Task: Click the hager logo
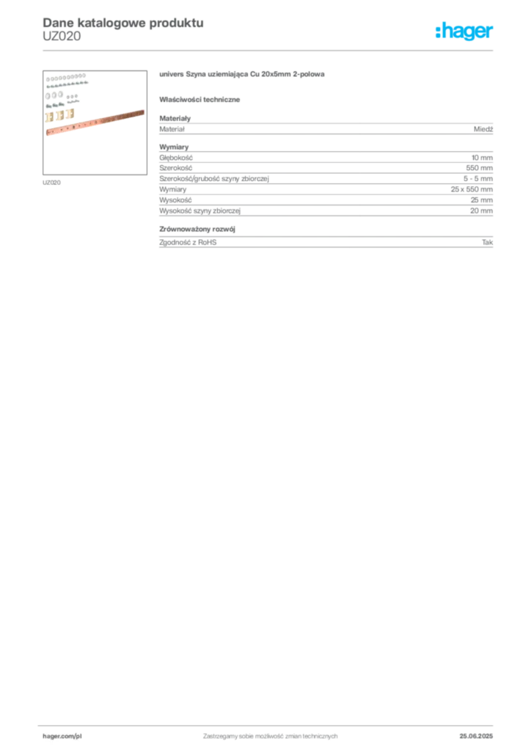coord(464,32)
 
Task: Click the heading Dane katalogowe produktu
coord(123,23)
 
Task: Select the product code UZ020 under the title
coord(62,37)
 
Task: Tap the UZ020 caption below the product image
coord(52,183)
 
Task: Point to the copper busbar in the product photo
coord(95,122)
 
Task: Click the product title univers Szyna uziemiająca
coord(242,74)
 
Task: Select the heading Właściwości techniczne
coord(199,100)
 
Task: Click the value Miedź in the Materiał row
coord(483,129)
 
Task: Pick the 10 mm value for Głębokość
coord(482,158)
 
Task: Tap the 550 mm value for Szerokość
coord(479,168)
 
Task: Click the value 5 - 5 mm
coord(478,179)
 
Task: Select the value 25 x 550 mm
coord(472,189)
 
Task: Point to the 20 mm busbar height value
coord(481,210)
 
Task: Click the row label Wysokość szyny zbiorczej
coord(199,210)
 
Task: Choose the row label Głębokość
coord(176,158)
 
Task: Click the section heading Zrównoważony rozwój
coord(197,230)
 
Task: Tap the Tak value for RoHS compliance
coord(488,242)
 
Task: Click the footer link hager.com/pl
coord(59,736)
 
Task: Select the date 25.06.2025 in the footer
coord(476,736)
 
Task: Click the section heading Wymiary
coord(174,147)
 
